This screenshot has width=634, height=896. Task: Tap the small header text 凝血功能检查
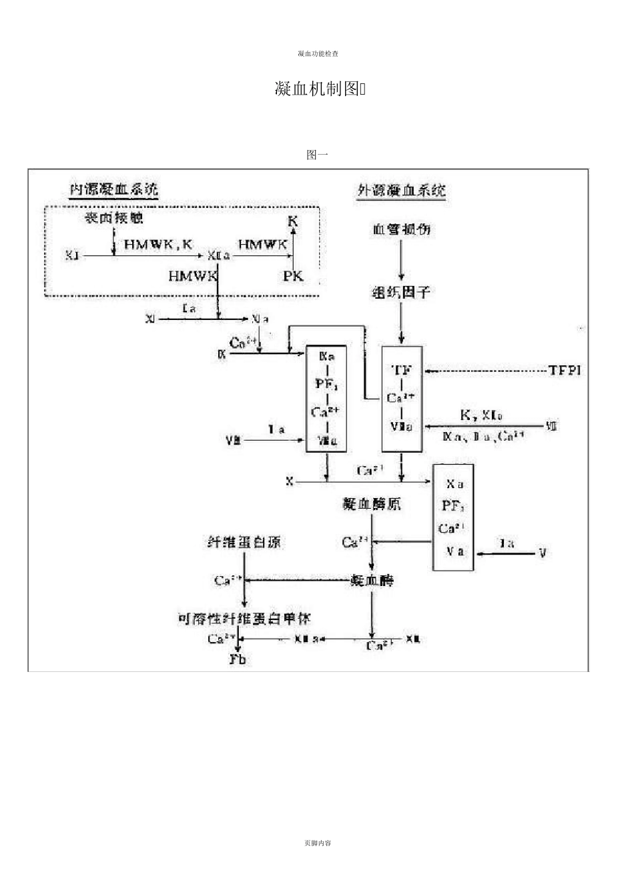pyautogui.click(x=317, y=53)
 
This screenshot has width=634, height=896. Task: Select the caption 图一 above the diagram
pyautogui.click(x=317, y=155)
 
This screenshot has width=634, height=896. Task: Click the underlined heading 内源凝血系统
pyautogui.click(x=114, y=189)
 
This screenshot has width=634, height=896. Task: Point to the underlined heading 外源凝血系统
pyautogui.click(x=402, y=191)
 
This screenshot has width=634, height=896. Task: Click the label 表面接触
pyautogui.click(x=113, y=218)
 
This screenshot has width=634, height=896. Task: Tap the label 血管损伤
pyautogui.click(x=401, y=229)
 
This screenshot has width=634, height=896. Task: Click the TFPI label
pyautogui.click(x=565, y=370)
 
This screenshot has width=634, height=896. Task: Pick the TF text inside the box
pyautogui.click(x=401, y=370)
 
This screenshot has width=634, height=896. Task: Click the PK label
pyautogui.click(x=293, y=275)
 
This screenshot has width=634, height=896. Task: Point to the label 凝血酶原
pyautogui.click(x=372, y=504)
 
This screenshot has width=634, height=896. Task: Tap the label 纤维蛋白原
pyautogui.click(x=244, y=542)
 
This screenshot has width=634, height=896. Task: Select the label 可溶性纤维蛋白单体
pyautogui.click(x=244, y=618)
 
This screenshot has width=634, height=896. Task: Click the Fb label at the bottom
pyautogui.click(x=238, y=659)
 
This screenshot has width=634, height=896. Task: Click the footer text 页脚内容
pyautogui.click(x=317, y=843)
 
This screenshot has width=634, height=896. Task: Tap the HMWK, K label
pyautogui.click(x=157, y=245)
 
